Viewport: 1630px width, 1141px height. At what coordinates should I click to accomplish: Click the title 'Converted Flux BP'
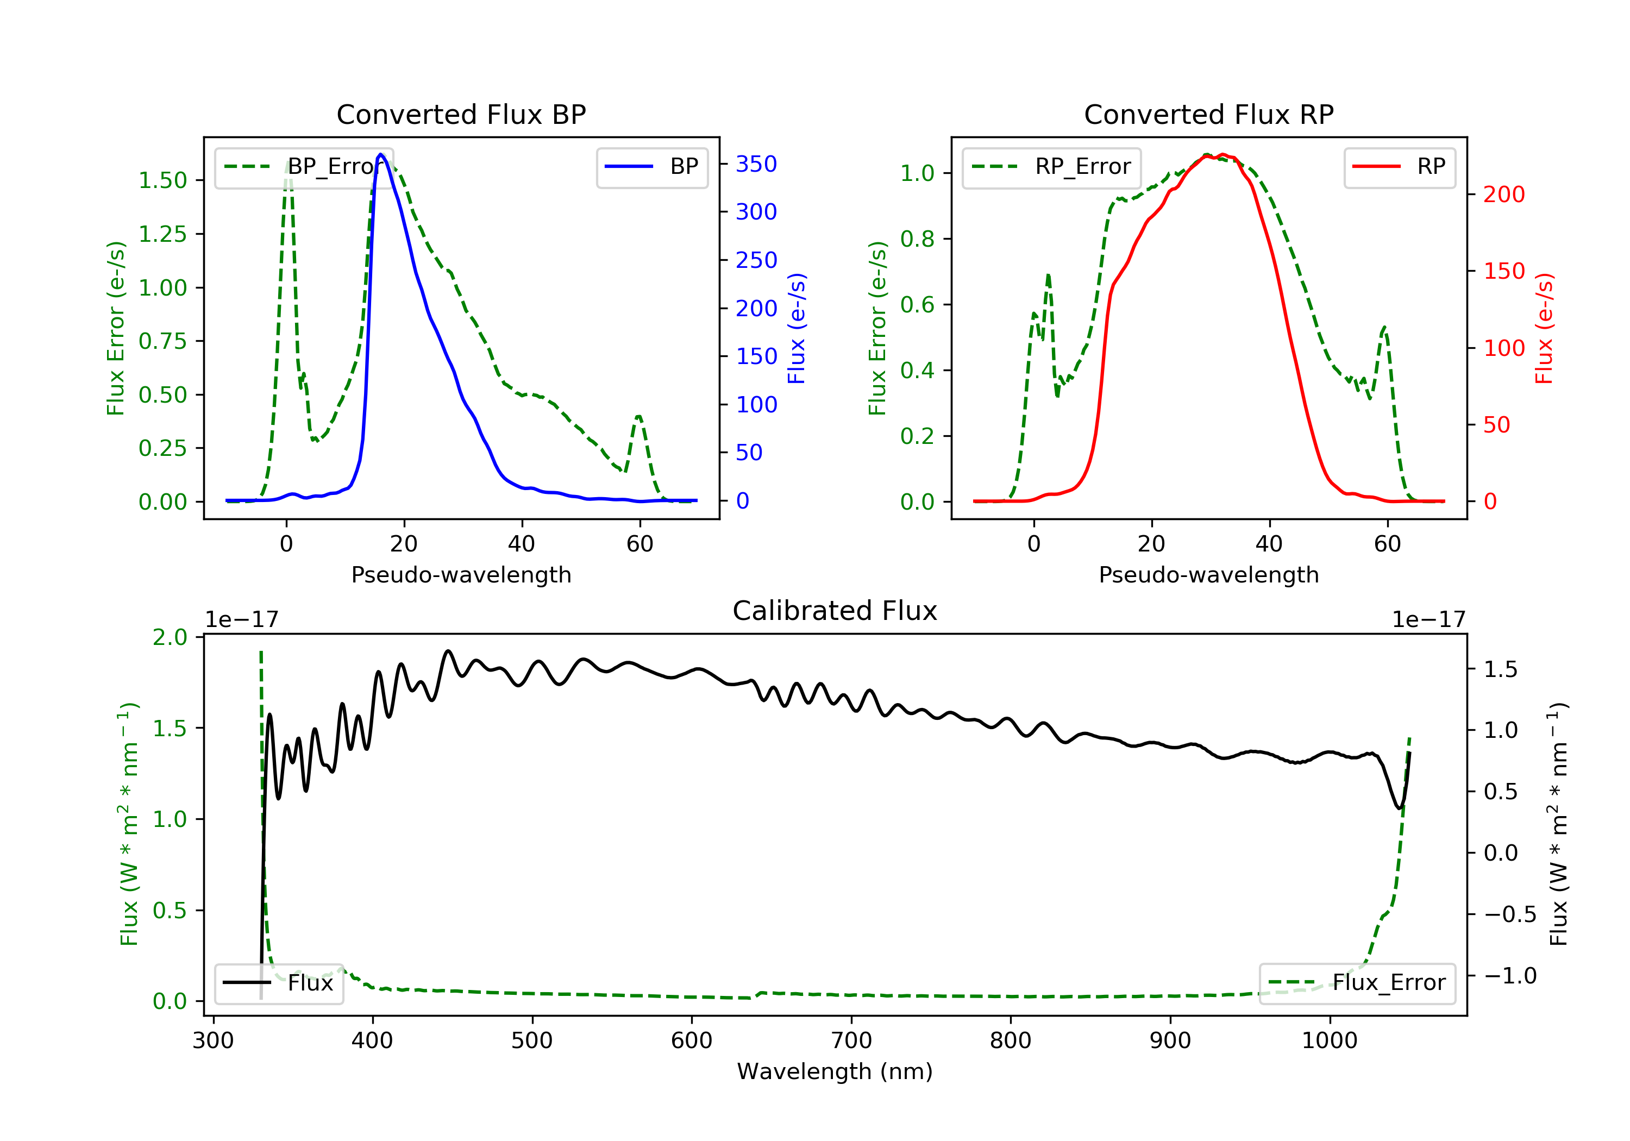pyautogui.click(x=461, y=114)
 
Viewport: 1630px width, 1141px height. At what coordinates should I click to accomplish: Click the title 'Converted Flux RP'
pyautogui.click(x=1208, y=114)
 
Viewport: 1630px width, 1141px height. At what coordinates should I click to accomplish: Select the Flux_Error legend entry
pyautogui.click(x=1357, y=983)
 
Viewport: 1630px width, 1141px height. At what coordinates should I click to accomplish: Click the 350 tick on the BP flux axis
pyautogui.click(x=756, y=164)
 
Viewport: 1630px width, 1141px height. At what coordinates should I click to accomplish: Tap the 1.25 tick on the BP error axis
pyautogui.click(x=162, y=234)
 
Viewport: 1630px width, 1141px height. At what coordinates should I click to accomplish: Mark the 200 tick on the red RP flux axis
pyautogui.click(x=1503, y=195)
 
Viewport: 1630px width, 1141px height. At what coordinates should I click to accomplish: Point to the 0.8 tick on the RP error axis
pyautogui.click(x=917, y=239)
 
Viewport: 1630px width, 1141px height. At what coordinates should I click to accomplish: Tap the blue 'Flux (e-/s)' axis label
pyautogui.click(x=797, y=328)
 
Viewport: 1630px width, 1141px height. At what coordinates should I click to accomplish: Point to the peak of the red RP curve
pyautogui.click(x=1222, y=154)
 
